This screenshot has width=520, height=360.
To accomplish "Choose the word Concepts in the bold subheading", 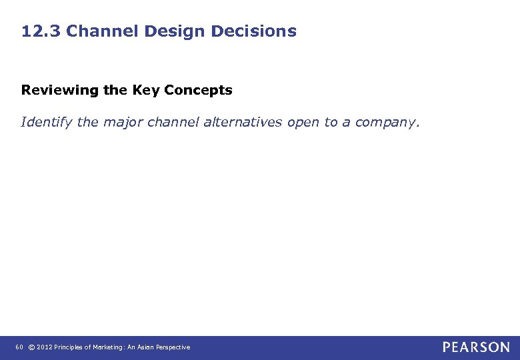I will click(x=197, y=90).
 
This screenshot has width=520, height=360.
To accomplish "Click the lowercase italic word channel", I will click(x=173, y=122).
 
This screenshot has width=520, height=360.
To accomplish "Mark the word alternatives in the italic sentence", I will click(x=246, y=122).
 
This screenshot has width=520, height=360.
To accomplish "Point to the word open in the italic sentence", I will click(x=304, y=122).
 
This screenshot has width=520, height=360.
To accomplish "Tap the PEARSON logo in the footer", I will click(x=476, y=347).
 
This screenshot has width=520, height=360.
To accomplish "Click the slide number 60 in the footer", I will click(x=19, y=347).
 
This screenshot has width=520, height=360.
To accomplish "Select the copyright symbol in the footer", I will click(x=31, y=347).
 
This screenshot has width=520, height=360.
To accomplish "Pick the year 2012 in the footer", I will click(x=43, y=347).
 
